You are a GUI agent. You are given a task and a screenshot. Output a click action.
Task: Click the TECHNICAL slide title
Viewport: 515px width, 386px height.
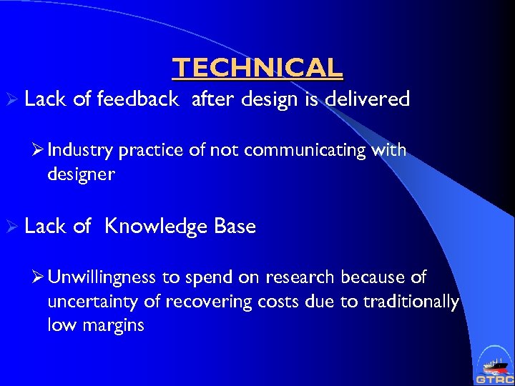click(x=257, y=68)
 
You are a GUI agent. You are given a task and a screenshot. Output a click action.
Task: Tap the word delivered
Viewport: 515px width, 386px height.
click(x=366, y=99)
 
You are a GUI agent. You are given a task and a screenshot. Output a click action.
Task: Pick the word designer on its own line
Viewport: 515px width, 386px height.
click(x=81, y=174)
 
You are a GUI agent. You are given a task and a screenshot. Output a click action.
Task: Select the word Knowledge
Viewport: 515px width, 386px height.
click(x=157, y=227)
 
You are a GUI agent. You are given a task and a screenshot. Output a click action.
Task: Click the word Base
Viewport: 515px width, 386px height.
click(x=235, y=227)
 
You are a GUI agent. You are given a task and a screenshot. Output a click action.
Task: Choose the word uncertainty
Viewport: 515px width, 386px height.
click(x=93, y=302)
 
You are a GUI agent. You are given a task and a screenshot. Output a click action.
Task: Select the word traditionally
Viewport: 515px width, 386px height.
click(x=411, y=302)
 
